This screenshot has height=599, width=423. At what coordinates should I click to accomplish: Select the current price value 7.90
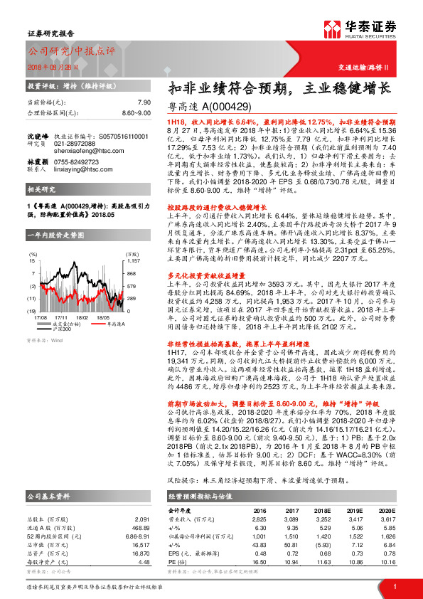(x=144, y=102)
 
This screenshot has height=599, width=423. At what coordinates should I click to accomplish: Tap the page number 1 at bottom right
(x=394, y=586)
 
